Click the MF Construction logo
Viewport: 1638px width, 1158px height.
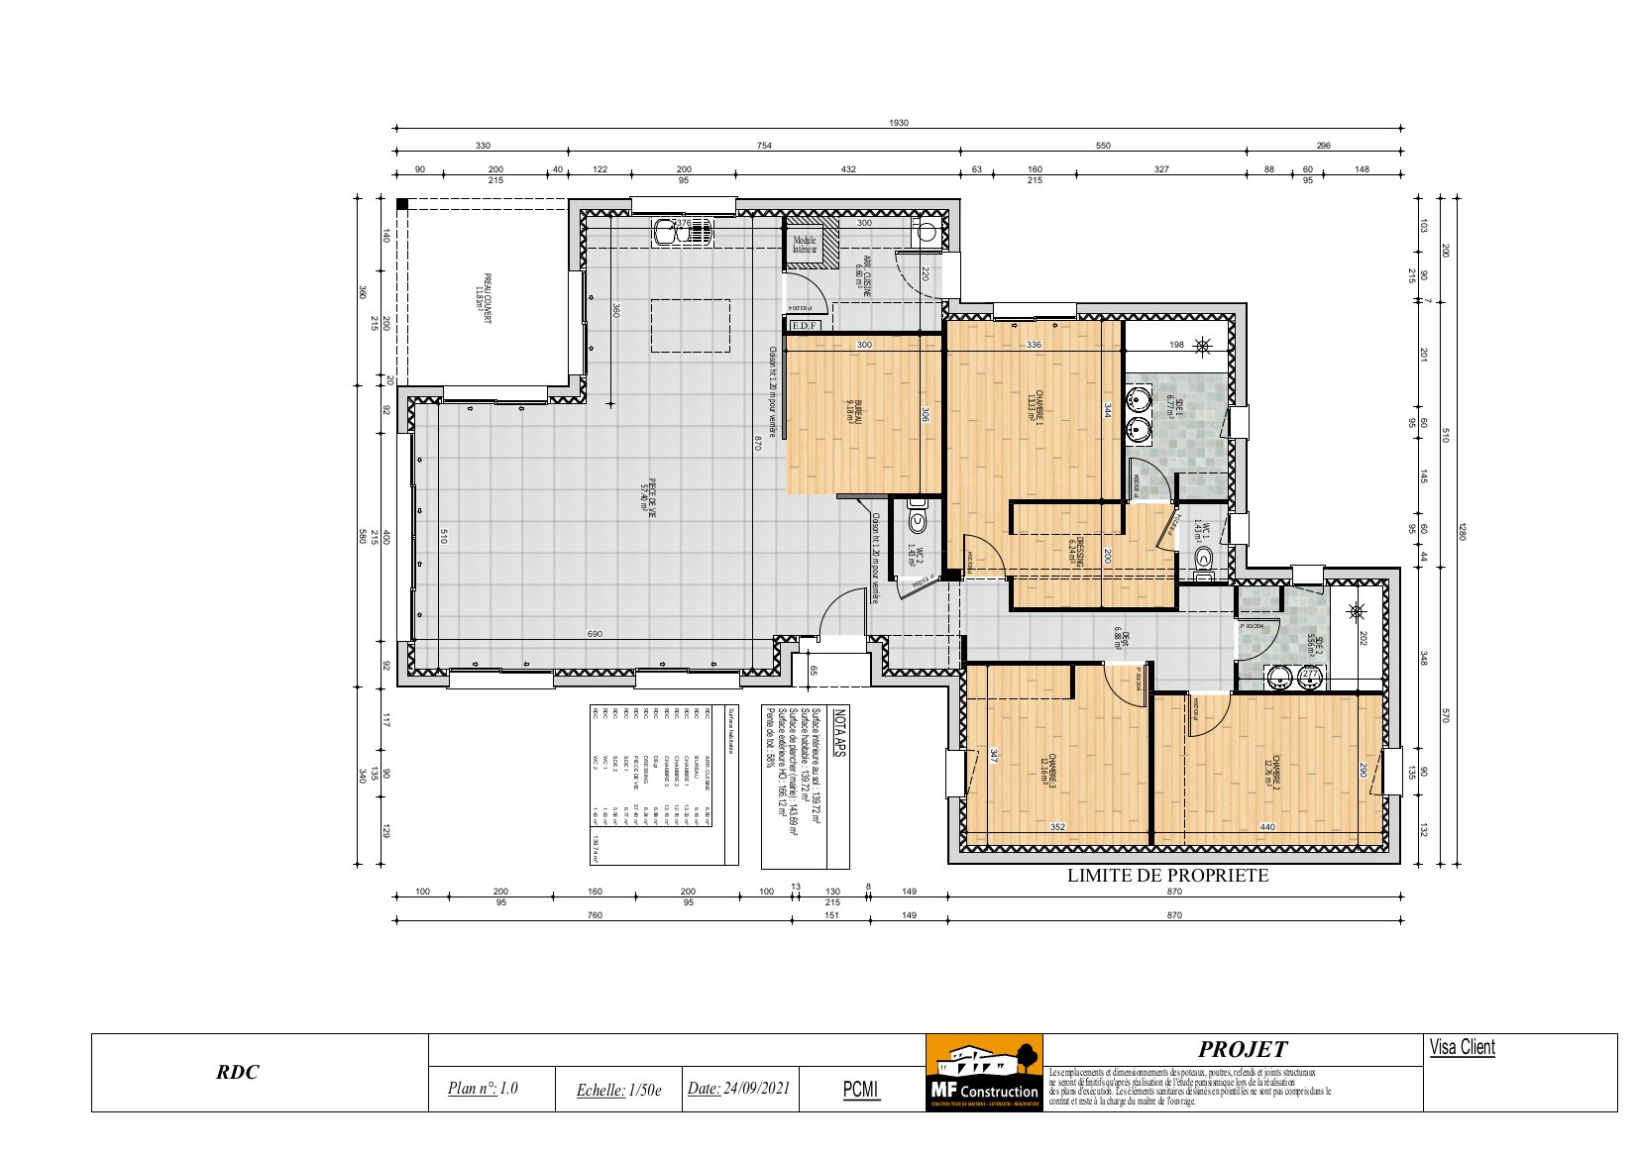click(x=983, y=1073)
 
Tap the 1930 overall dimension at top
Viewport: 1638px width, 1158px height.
click(x=898, y=123)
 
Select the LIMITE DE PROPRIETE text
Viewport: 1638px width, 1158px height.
click(x=1167, y=876)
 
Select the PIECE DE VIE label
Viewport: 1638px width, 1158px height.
click(x=648, y=498)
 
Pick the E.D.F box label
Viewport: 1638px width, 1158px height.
click(x=805, y=325)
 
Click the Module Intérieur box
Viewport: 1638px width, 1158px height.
click(x=804, y=245)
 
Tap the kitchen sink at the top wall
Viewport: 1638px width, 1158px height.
click(x=683, y=234)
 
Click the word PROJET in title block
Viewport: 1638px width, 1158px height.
click(x=1242, y=1050)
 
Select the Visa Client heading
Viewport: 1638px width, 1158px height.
click(x=1462, y=1048)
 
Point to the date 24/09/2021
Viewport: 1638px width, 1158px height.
click(x=738, y=1088)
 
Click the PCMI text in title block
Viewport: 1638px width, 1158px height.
click(x=860, y=1089)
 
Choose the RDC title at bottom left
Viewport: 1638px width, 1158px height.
click(x=239, y=1072)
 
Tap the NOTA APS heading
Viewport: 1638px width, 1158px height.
click(x=839, y=733)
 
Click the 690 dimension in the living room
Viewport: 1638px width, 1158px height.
click(x=595, y=634)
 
